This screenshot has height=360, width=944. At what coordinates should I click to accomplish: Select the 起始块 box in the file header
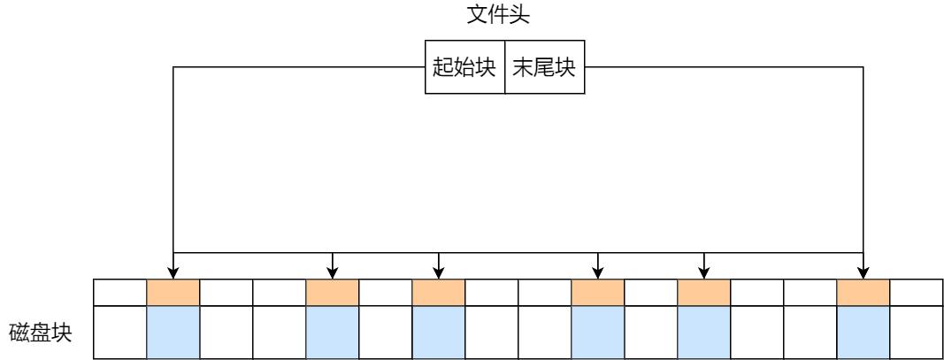(464, 68)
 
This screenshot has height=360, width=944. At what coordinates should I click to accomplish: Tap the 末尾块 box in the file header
(544, 68)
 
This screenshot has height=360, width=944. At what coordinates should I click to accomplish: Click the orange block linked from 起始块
(173, 292)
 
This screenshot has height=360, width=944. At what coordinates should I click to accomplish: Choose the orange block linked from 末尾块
(863, 292)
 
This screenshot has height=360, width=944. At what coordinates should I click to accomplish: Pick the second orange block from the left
(332, 292)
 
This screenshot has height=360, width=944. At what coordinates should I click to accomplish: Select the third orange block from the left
(438, 292)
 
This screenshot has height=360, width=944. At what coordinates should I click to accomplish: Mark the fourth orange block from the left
(597, 292)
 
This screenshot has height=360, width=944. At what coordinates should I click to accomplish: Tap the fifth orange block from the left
(703, 292)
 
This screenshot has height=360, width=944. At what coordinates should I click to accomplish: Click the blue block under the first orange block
(173, 332)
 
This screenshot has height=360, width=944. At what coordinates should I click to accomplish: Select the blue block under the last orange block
(863, 332)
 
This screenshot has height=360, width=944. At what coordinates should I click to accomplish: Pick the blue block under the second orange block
(332, 332)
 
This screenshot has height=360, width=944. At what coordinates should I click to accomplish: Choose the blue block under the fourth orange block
(597, 332)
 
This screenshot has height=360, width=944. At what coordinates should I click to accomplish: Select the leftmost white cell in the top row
(119, 292)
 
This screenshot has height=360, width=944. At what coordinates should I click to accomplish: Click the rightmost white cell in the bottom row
(916, 332)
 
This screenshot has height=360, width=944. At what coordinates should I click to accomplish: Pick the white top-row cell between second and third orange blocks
(385, 292)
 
